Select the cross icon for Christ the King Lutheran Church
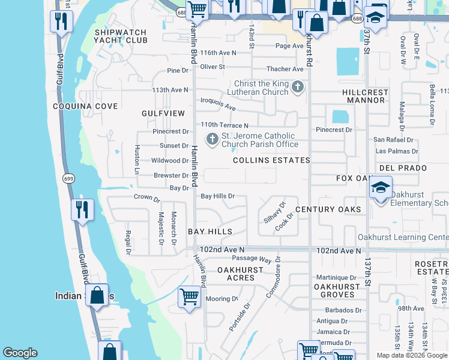[x=297, y=88]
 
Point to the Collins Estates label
[x=271, y=160]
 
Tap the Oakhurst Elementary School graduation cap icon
[x=381, y=188]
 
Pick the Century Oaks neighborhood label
[x=328, y=209]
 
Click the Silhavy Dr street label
[x=273, y=212]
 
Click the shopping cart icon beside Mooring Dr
[x=190, y=296]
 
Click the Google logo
[x=20, y=353]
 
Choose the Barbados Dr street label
[x=339, y=310]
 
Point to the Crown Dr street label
[x=146, y=197]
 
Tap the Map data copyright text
[x=412, y=355]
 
